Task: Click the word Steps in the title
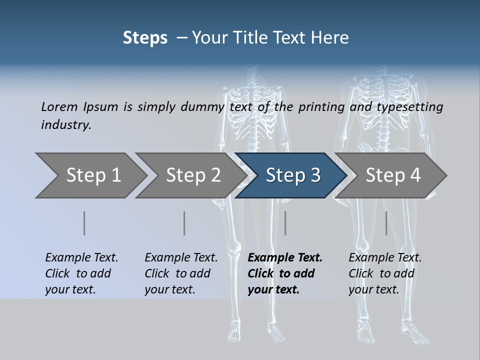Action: point(145,38)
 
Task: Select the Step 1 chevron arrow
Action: point(90,175)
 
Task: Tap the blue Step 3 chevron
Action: point(292,175)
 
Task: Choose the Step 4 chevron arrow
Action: point(392,175)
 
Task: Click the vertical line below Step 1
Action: point(84,223)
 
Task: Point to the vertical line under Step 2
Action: point(184,223)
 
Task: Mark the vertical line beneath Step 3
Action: point(285,223)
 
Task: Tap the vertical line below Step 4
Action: point(386,223)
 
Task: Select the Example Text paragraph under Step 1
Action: point(81,273)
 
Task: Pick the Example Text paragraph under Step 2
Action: point(180,273)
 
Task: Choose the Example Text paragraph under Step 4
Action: point(384,273)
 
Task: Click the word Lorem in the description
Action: point(59,107)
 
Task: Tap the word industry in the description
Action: point(65,125)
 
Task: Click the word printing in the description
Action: point(321,107)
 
